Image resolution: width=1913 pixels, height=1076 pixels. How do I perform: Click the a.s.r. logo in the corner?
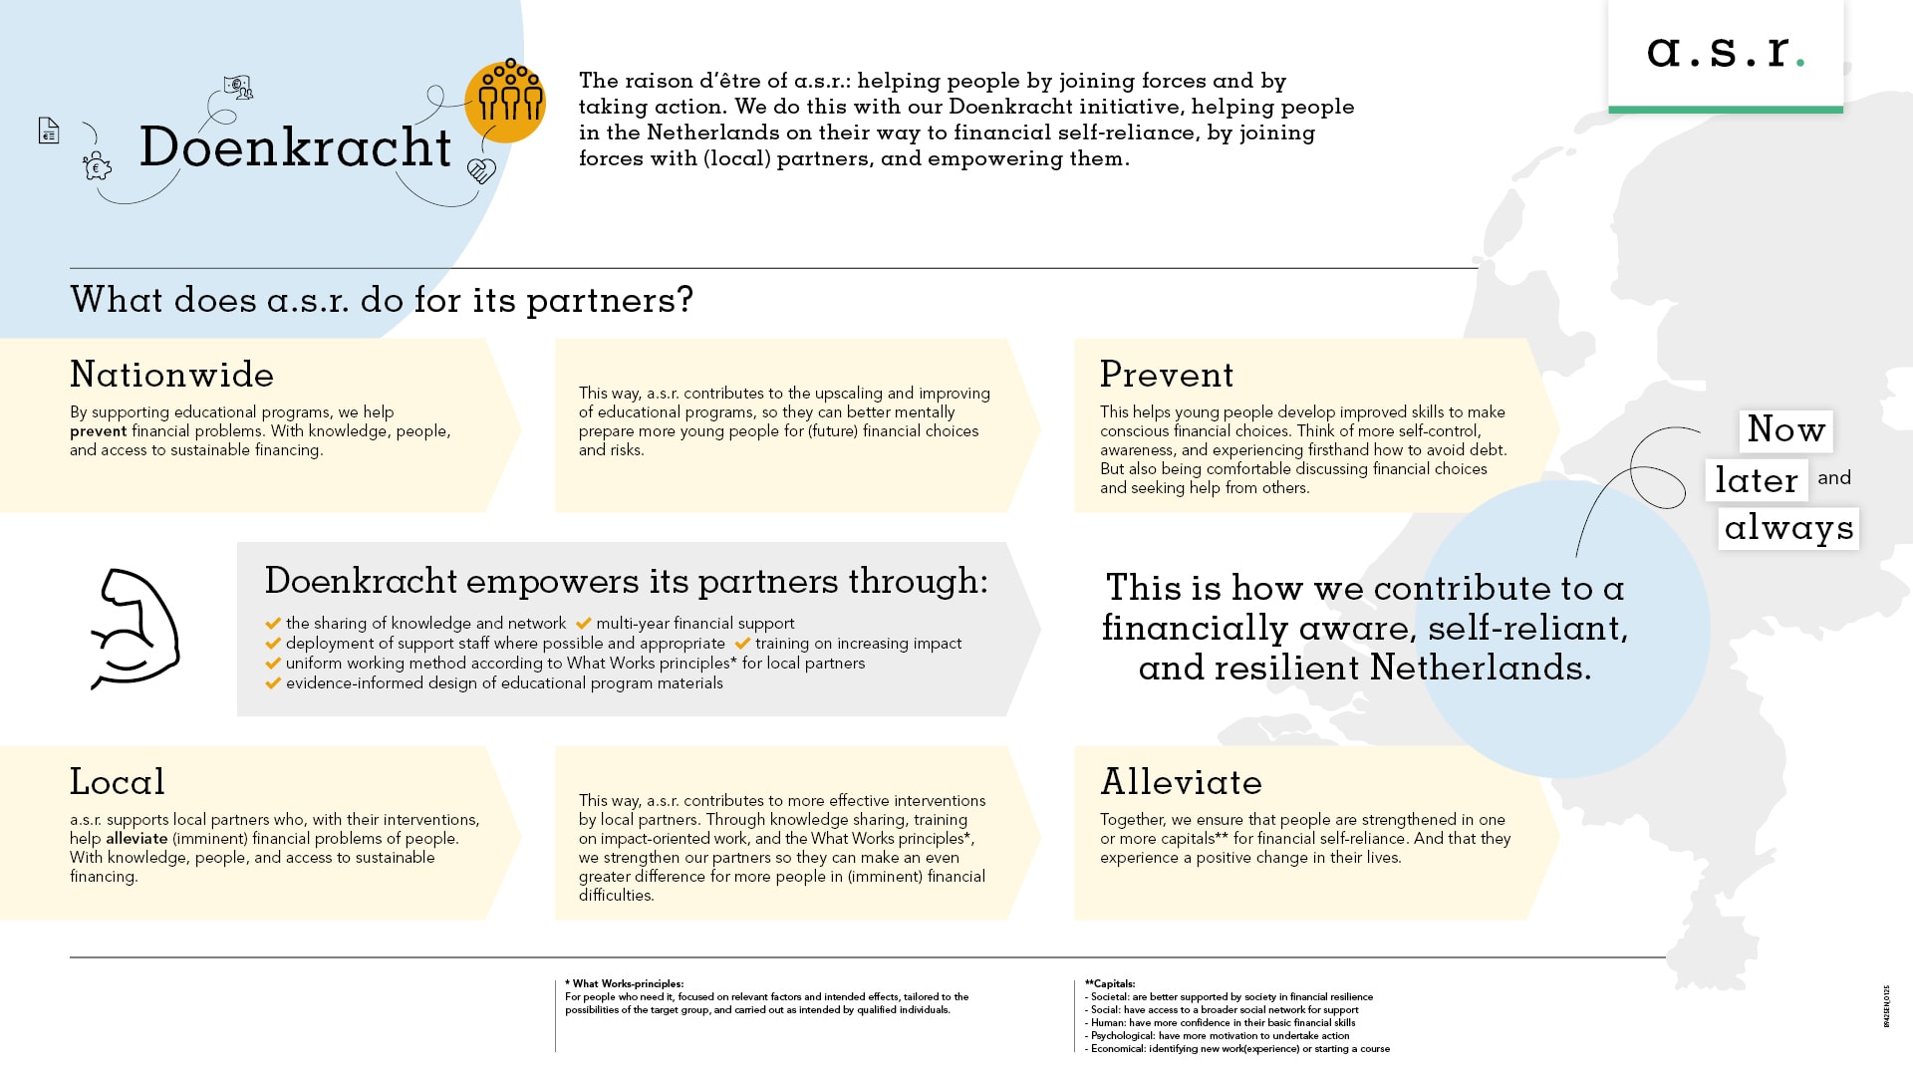pyautogui.click(x=1725, y=52)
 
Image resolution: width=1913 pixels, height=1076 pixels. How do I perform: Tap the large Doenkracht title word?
pyautogui.click(x=295, y=147)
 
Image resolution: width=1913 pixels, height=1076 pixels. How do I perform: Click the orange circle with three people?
pyautogui.click(x=505, y=100)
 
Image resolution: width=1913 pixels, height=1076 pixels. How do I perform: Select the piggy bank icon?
pyautogui.click(x=97, y=166)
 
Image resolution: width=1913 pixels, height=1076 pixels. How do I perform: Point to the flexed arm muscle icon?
pyautogui.click(x=135, y=629)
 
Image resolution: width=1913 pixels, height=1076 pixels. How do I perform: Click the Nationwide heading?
pyautogui.click(x=171, y=375)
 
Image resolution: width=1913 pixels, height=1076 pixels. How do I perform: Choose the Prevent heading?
pyautogui.click(x=1166, y=375)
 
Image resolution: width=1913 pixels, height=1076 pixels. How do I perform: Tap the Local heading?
pyautogui.click(x=117, y=782)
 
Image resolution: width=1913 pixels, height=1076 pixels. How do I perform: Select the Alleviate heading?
pyautogui.click(x=1180, y=782)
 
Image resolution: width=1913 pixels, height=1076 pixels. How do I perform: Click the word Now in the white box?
pyautogui.click(x=1785, y=430)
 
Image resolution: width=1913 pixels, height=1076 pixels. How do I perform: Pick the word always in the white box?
pyautogui.click(x=1788, y=528)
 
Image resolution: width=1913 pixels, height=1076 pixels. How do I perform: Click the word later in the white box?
pyautogui.click(x=1756, y=480)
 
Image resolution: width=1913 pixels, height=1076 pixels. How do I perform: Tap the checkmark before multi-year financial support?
pyautogui.click(x=583, y=624)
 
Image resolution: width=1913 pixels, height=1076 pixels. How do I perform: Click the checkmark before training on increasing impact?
pyautogui.click(x=742, y=644)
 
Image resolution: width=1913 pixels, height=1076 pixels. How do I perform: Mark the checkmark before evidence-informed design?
pyautogui.click(x=273, y=683)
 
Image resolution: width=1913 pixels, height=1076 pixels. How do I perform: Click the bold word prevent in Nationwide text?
pyautogui.click(x=98, y=431)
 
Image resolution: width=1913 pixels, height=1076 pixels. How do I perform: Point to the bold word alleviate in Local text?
pyautogui.click(x=137, y=839)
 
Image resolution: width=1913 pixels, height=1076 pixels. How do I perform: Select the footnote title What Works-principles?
pyautogui.click(x=627, y=983)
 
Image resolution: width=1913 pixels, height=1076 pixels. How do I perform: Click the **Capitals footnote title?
pyautogui.click(x=1110, y=983)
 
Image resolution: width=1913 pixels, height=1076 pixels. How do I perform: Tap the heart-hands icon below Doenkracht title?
pyautogui.click(x=481, y=171)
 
